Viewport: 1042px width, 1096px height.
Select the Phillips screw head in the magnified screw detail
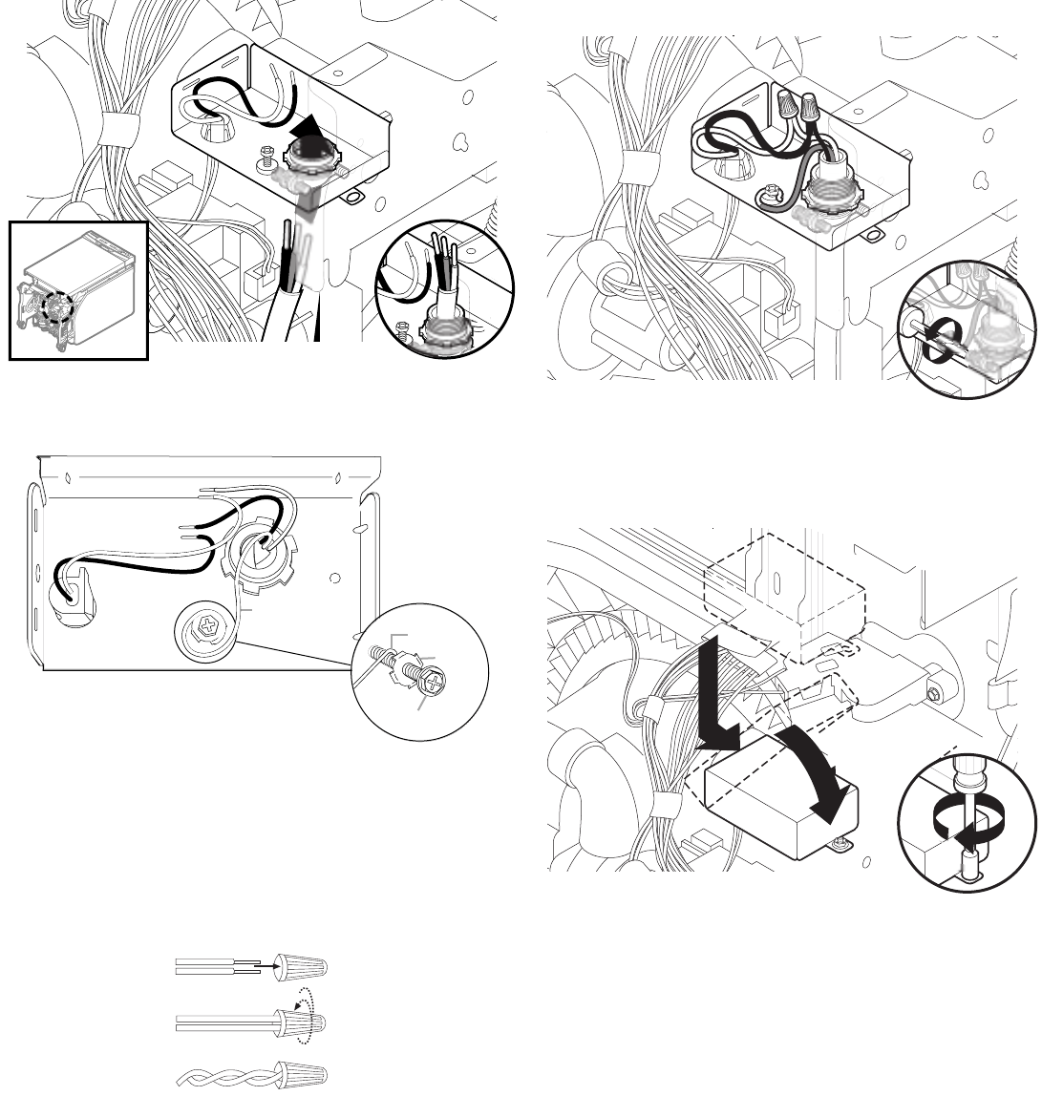pyautogui.click(x=435, y=684)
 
